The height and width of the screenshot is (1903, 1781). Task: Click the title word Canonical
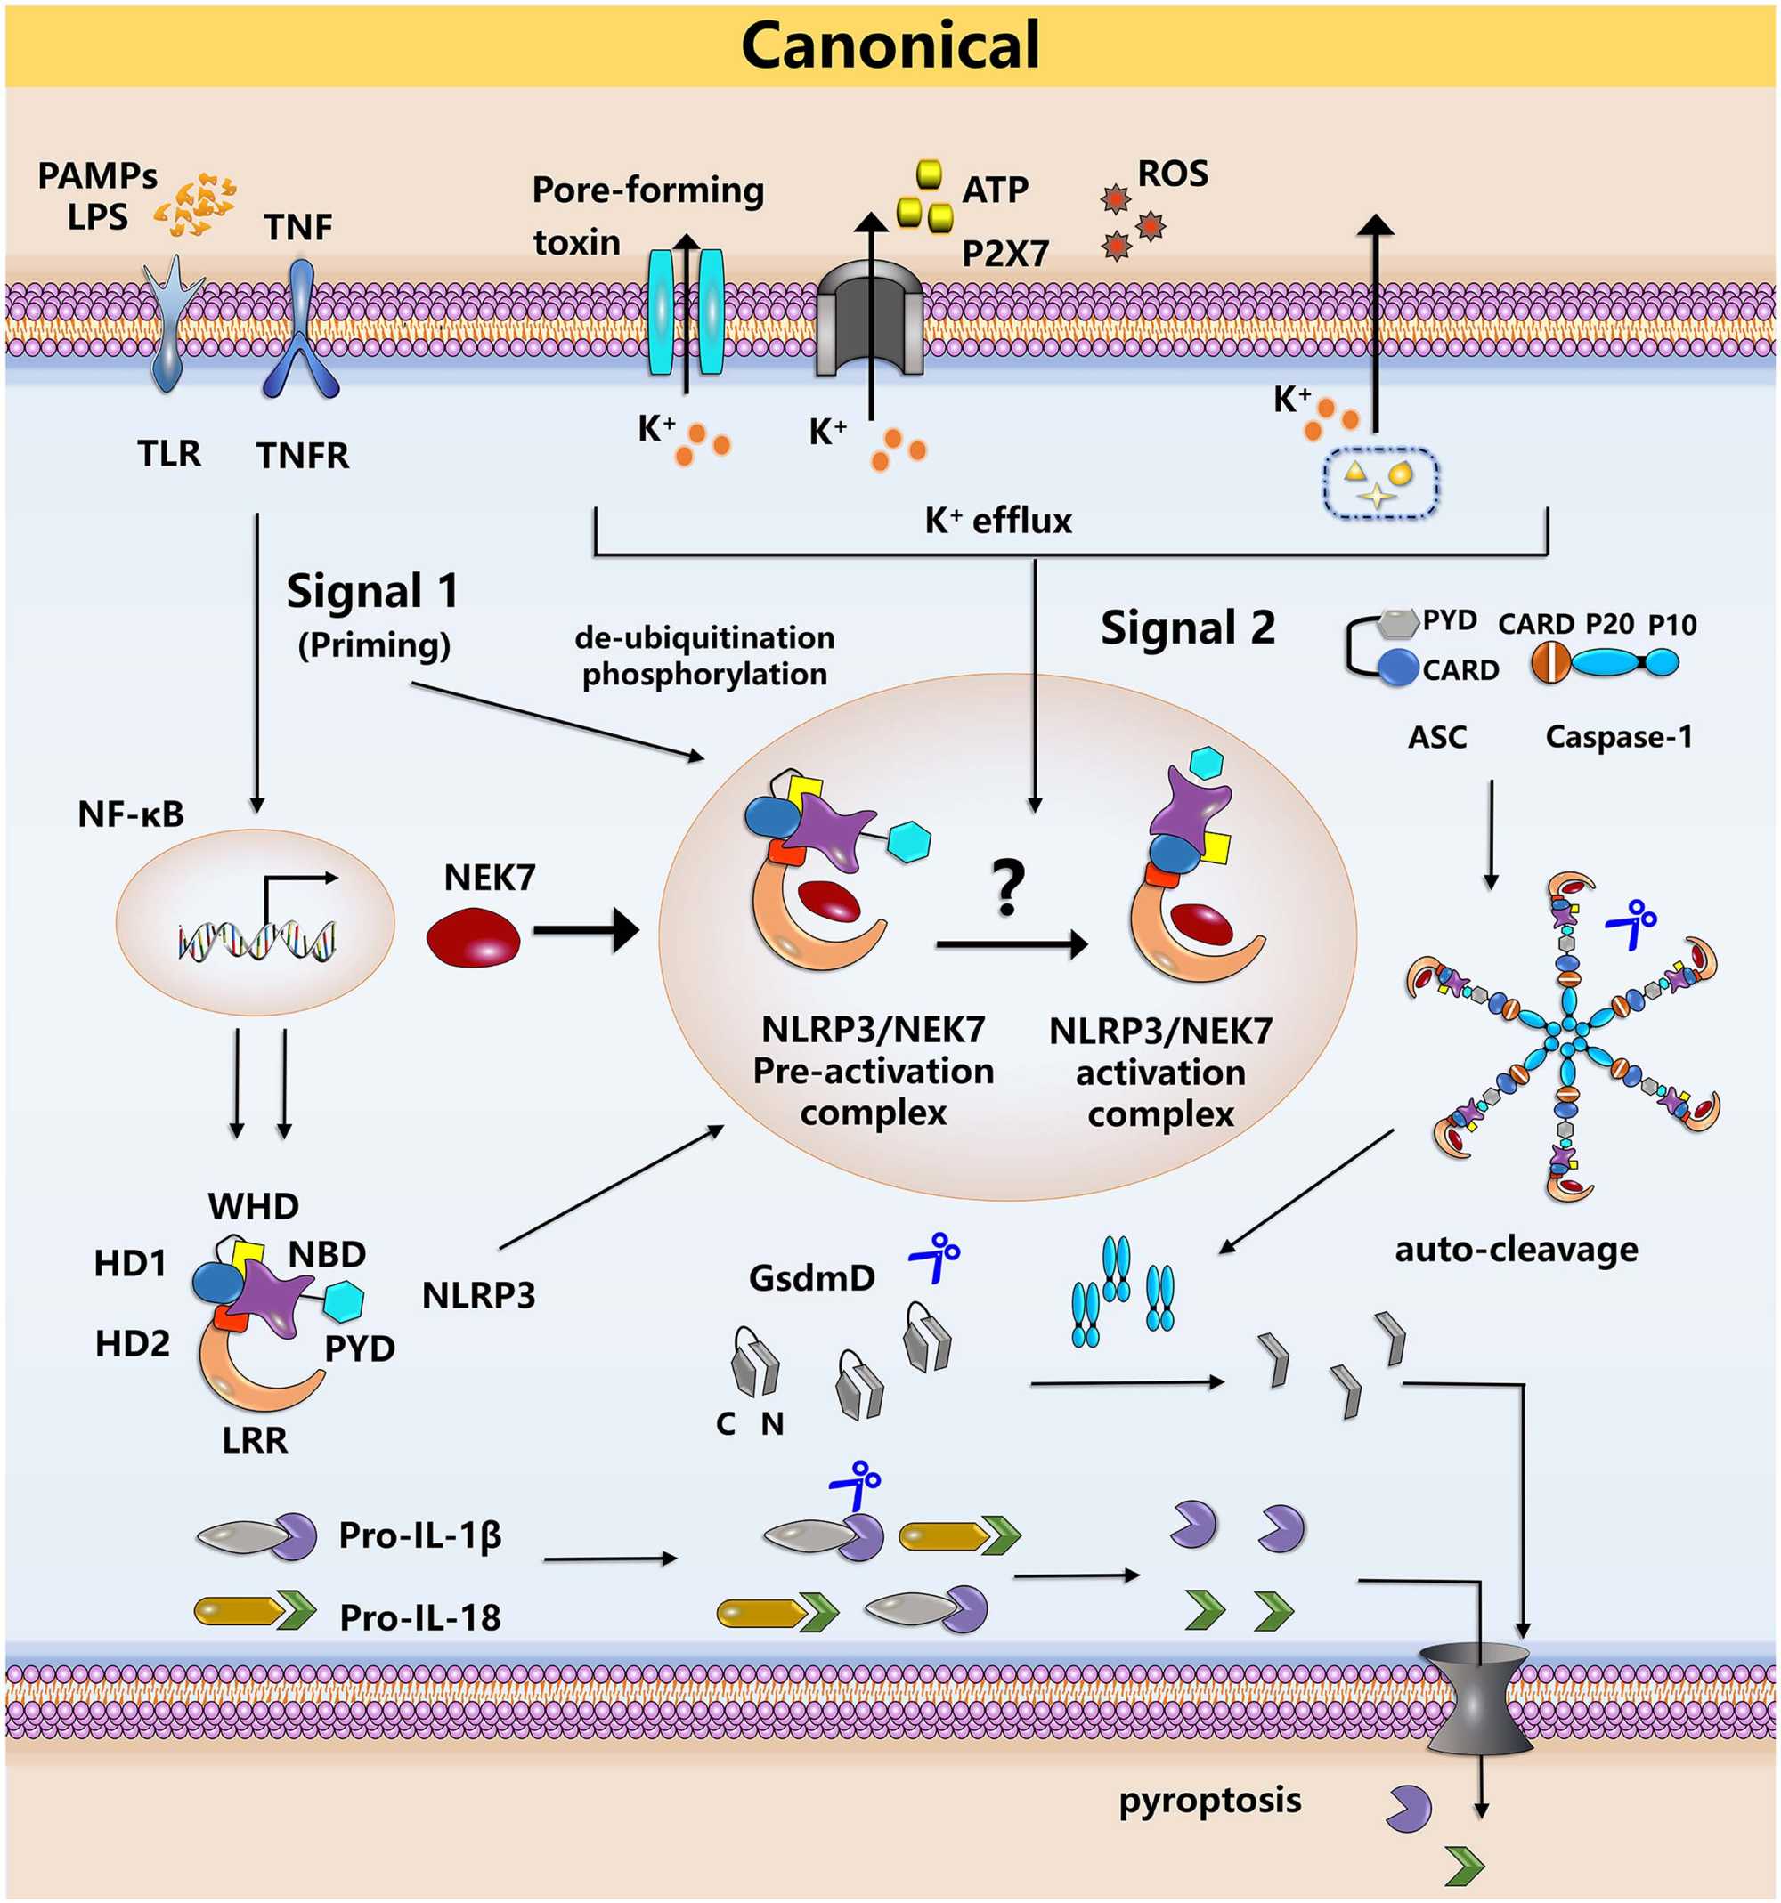point(890,45)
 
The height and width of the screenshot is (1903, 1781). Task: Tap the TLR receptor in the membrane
point(173,320)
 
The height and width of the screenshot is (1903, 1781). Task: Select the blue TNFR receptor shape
point(301,330)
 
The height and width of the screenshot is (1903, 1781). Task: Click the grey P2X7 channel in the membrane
point(869,326)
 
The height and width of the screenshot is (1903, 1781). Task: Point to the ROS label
point(1172,174)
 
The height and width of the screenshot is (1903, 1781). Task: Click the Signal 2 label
point(1187,629)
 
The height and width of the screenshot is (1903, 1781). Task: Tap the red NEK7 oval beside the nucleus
point(473,937)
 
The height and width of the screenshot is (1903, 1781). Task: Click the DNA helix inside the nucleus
point(256,939)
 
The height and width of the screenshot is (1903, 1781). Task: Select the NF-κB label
point(131,814)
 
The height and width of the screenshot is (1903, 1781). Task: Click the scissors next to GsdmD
point(936,1257)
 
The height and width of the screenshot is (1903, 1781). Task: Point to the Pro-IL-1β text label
point(419,1535)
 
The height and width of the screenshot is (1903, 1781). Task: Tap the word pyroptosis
point(1209,1801)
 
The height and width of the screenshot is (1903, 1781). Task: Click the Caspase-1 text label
point(1618,737)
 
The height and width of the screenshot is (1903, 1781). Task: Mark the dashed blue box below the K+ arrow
point(1381,483)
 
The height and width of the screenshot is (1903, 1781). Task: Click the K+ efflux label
point(997,522)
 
